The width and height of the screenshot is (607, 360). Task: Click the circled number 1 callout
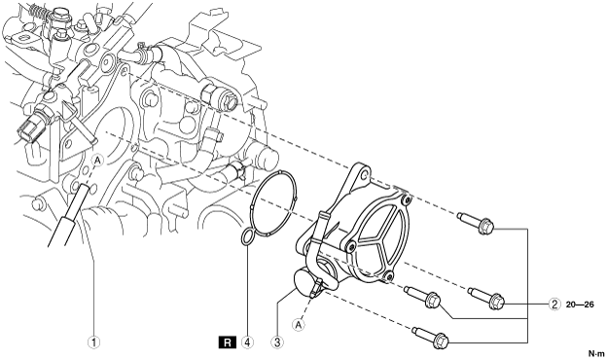click(93, 342)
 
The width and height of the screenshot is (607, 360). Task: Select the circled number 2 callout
click(554, 305)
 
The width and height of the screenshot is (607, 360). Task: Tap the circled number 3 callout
click(277, 342)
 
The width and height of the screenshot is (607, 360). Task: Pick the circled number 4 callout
click(247, 342)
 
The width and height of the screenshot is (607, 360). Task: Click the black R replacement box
click(228, 342)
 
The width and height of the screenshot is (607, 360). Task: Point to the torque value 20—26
click(580, 305)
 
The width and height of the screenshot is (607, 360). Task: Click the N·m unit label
click(596, 353)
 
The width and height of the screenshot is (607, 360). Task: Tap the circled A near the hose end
click(97, 160)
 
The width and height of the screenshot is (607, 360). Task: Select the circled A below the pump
click(298, 324)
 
